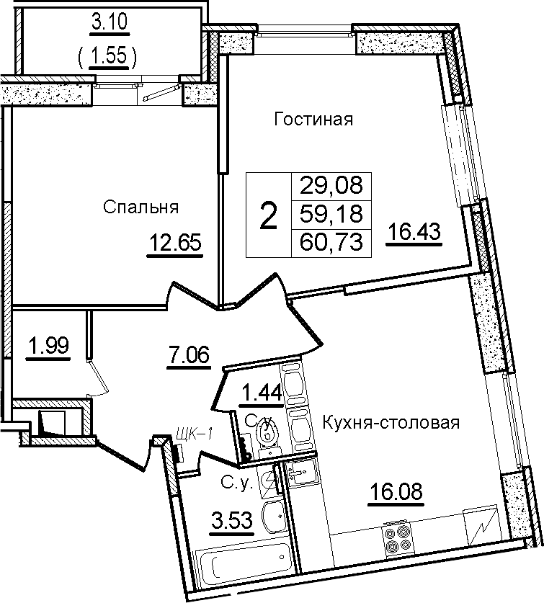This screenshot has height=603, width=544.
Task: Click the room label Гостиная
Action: point(313,119)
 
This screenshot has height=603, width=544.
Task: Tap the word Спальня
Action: point(141,207)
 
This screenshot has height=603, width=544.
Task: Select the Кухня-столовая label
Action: point(391,423)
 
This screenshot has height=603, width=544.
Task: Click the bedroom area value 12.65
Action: point(175,243)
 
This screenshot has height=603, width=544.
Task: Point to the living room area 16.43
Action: point(414,232)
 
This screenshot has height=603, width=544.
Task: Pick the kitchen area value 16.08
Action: point(396,491)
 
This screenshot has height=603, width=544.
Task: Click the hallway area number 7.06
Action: point(189,354)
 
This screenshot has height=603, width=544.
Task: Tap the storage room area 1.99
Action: point(48,345)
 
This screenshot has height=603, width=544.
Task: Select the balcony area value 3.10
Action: point(110,22)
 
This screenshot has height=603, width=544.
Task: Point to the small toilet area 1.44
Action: point(262,393)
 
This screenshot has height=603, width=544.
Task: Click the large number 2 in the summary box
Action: point(269,216)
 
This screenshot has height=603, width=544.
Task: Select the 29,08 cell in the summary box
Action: point(331,186)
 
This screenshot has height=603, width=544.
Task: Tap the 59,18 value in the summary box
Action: point(331,214)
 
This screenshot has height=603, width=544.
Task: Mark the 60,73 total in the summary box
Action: point(331,243)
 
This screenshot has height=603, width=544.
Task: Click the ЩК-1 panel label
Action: point(195,434)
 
